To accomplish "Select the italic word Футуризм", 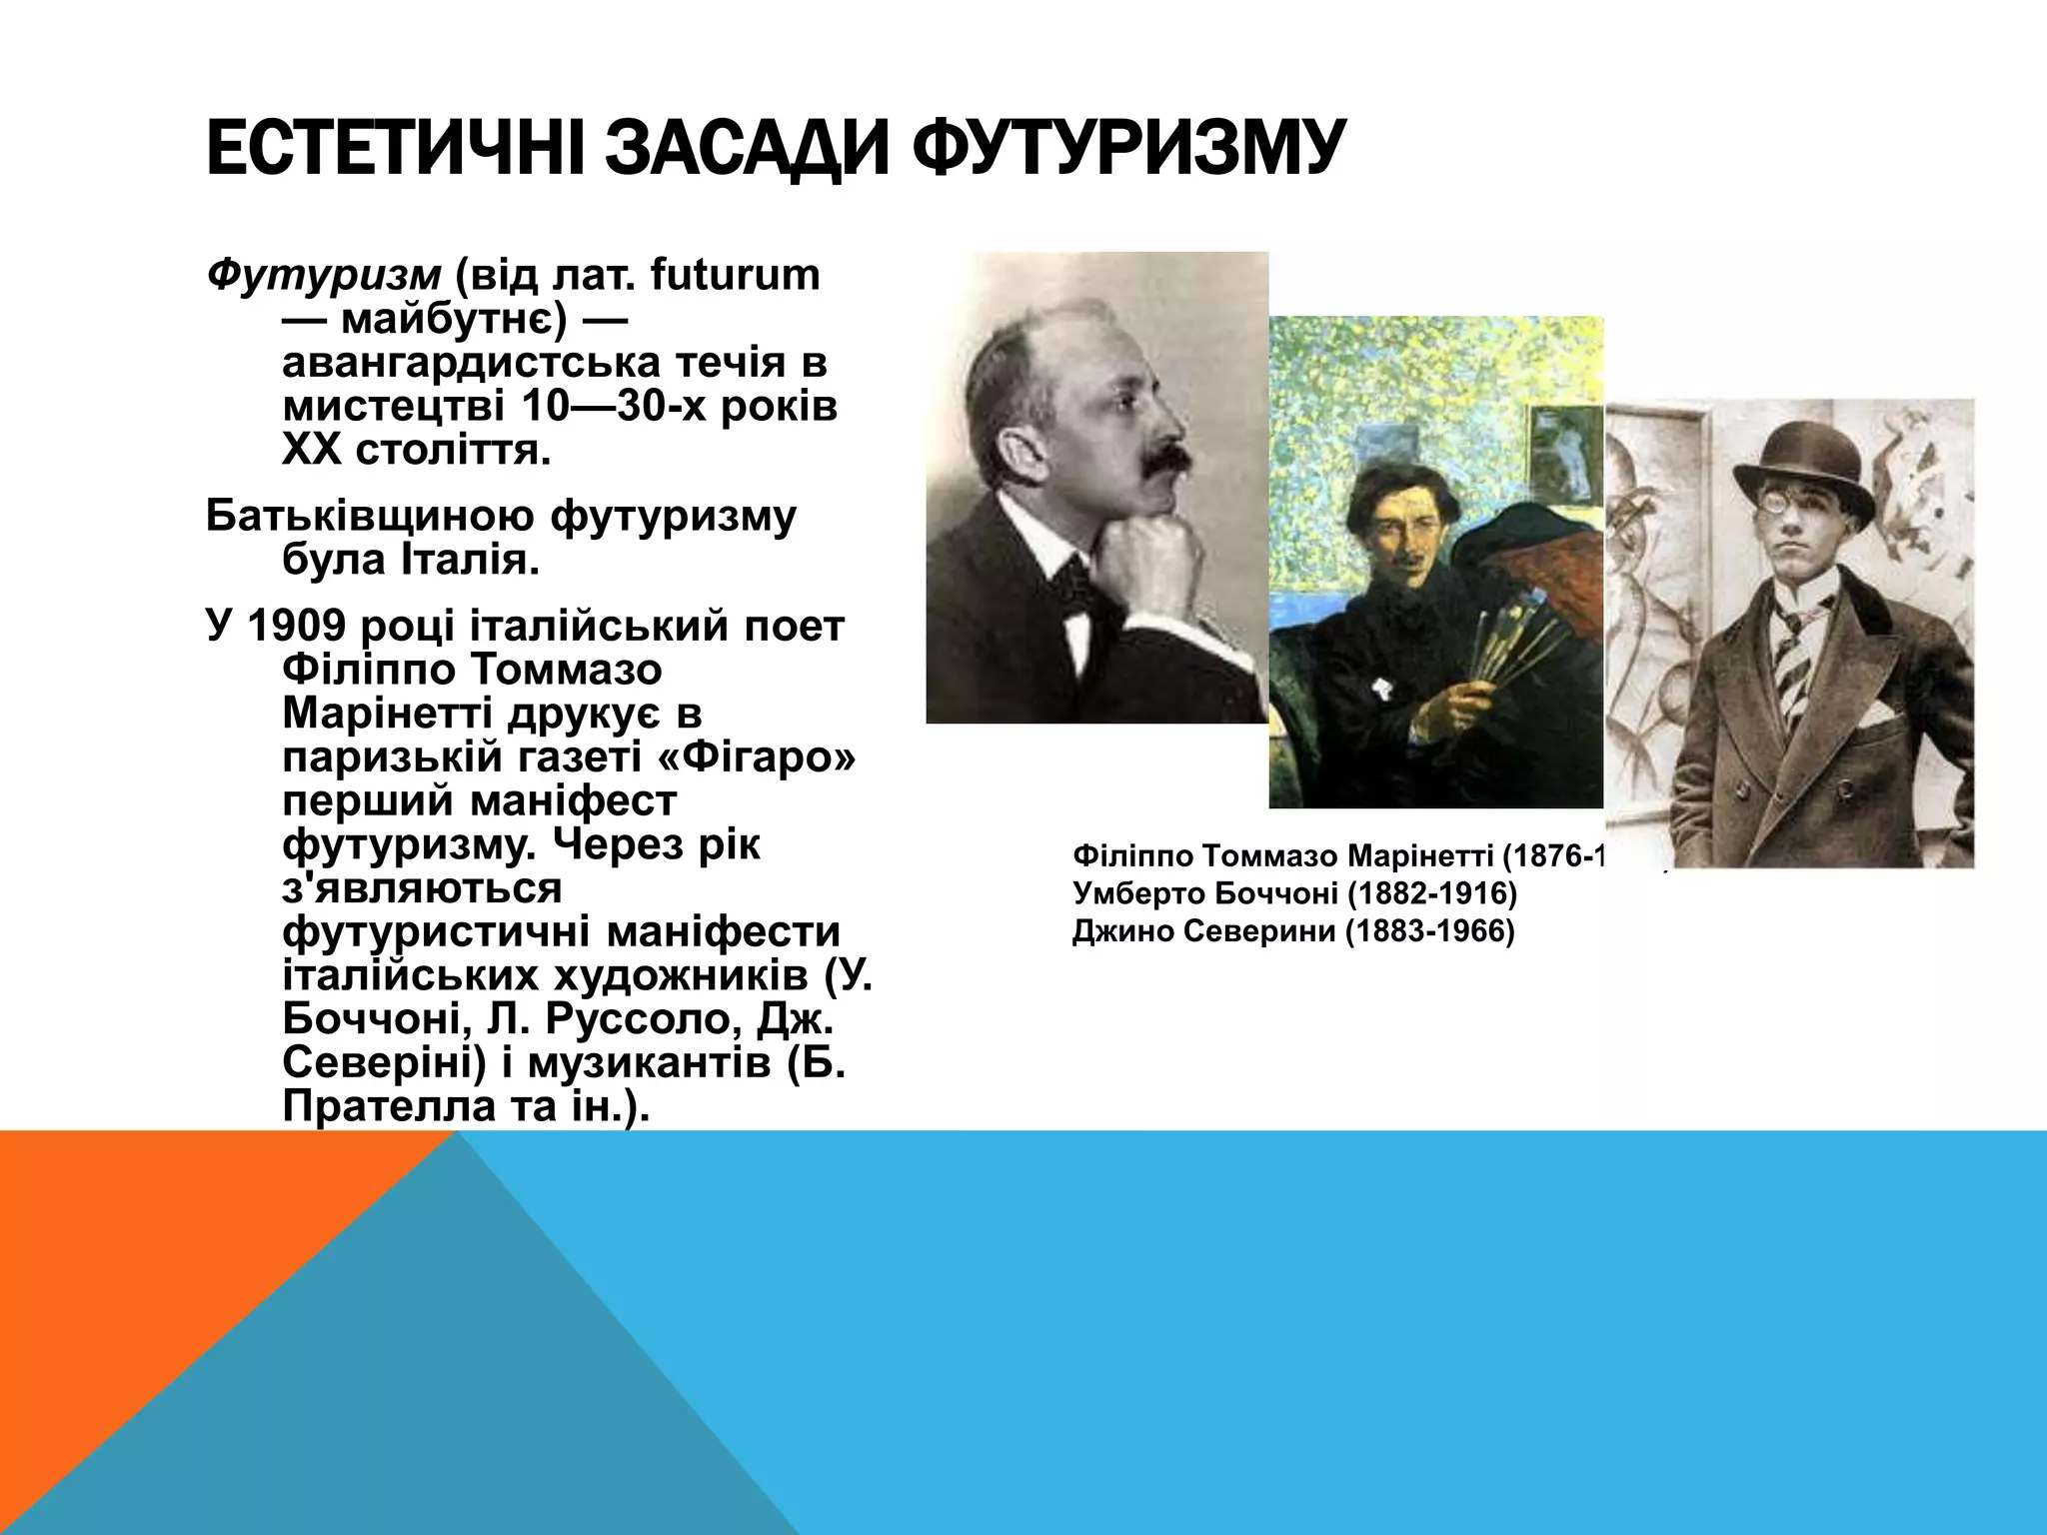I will tap(323, 275).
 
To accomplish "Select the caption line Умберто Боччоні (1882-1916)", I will tap(1294, 893).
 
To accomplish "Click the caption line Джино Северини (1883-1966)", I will tap(1293, 931).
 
